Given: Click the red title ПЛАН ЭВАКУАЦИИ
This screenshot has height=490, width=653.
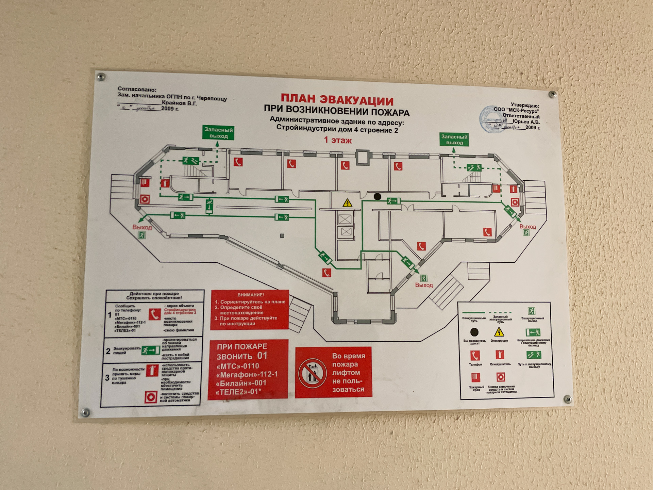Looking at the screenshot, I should [337, 100].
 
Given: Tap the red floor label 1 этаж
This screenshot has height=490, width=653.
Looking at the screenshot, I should [337, 140].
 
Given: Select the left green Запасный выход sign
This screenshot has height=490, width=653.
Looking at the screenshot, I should [218, 133].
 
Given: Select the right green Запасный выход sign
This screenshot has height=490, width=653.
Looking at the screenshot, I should [454, 140].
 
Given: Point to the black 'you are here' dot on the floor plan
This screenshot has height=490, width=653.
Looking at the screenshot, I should [377, 196].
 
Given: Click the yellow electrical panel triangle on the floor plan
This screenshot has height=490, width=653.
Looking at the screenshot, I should [347, 203].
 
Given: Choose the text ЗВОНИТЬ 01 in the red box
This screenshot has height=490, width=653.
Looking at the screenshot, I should [242, 356].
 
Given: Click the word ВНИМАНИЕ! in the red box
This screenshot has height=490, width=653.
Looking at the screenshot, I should [250, 295].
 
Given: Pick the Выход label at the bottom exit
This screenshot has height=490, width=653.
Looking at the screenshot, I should [424, 285].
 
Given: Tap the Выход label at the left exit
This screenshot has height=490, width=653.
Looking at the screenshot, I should [142, 227].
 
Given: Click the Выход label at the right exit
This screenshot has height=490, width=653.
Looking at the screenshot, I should [528, 227].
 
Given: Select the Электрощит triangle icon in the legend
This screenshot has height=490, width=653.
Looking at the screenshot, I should [499, 332].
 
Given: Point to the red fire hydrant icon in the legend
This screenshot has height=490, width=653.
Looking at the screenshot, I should [475, 378].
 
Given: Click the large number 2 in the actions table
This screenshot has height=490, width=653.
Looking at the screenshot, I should [108, 351].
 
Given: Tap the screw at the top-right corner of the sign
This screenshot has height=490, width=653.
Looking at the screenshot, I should [553, 94].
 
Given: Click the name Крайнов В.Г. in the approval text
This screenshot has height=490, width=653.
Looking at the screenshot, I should [179, 103].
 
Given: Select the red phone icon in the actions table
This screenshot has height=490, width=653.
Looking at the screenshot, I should [155, 314].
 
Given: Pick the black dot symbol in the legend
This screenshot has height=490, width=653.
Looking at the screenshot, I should [474, 332].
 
